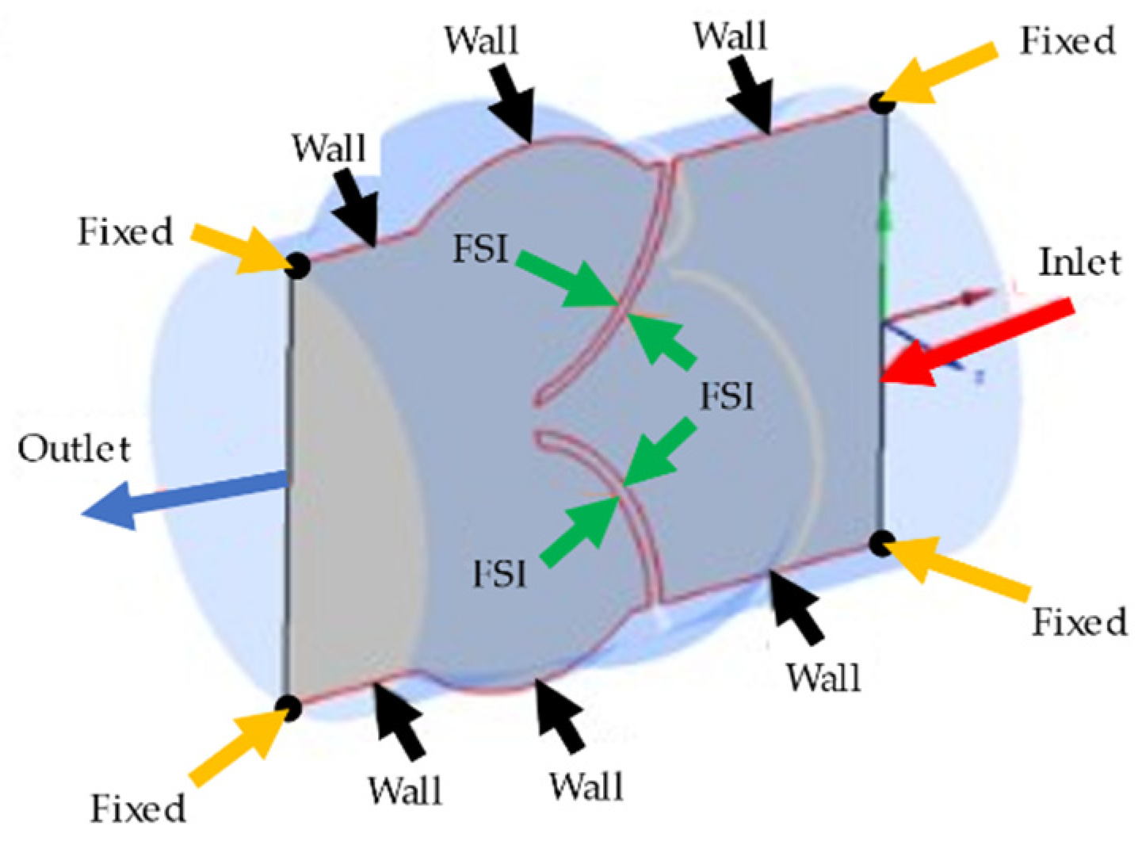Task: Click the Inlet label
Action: point(1079,262)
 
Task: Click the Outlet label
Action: point(74,449)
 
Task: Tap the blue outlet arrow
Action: point(182,496)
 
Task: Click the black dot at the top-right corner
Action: point(882,102)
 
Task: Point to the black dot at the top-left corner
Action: point(297,265)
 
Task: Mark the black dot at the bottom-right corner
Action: point(881,543)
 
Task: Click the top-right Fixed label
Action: point(1067,40)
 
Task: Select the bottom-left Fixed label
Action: point(138,809)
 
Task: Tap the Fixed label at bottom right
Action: point(1079,621)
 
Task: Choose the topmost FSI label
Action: point(480,249)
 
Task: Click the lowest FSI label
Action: point(499,573)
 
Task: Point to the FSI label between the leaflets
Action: point(726,395)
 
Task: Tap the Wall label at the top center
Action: point(481,40)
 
